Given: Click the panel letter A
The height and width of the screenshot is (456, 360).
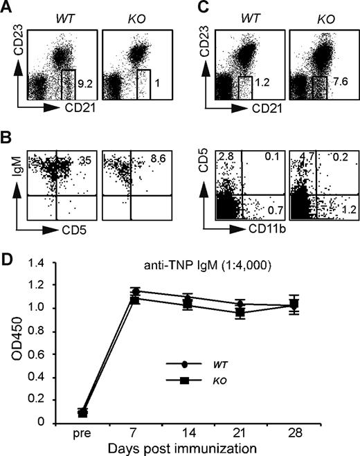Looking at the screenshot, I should tap(7, 8).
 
